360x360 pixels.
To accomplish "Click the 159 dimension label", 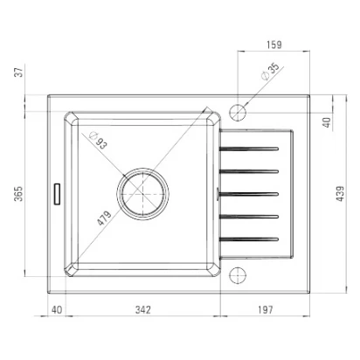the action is [x=274, y=45].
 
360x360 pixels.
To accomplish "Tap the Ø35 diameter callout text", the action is [x=270, y=72].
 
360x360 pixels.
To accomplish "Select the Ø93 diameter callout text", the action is [x=99, y=140].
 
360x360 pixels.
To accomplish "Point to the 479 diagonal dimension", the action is [x=104, y=218].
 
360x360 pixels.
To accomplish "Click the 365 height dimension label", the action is [x=18, y=193].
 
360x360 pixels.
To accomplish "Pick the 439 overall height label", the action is [x=340, y=194].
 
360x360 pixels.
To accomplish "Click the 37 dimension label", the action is [x=18, y=72].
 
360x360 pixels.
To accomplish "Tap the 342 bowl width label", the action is [x=143, y=309].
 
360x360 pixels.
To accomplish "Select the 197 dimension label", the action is [x=266, y=309].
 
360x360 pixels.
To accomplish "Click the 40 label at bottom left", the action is [x=57, y=309].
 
